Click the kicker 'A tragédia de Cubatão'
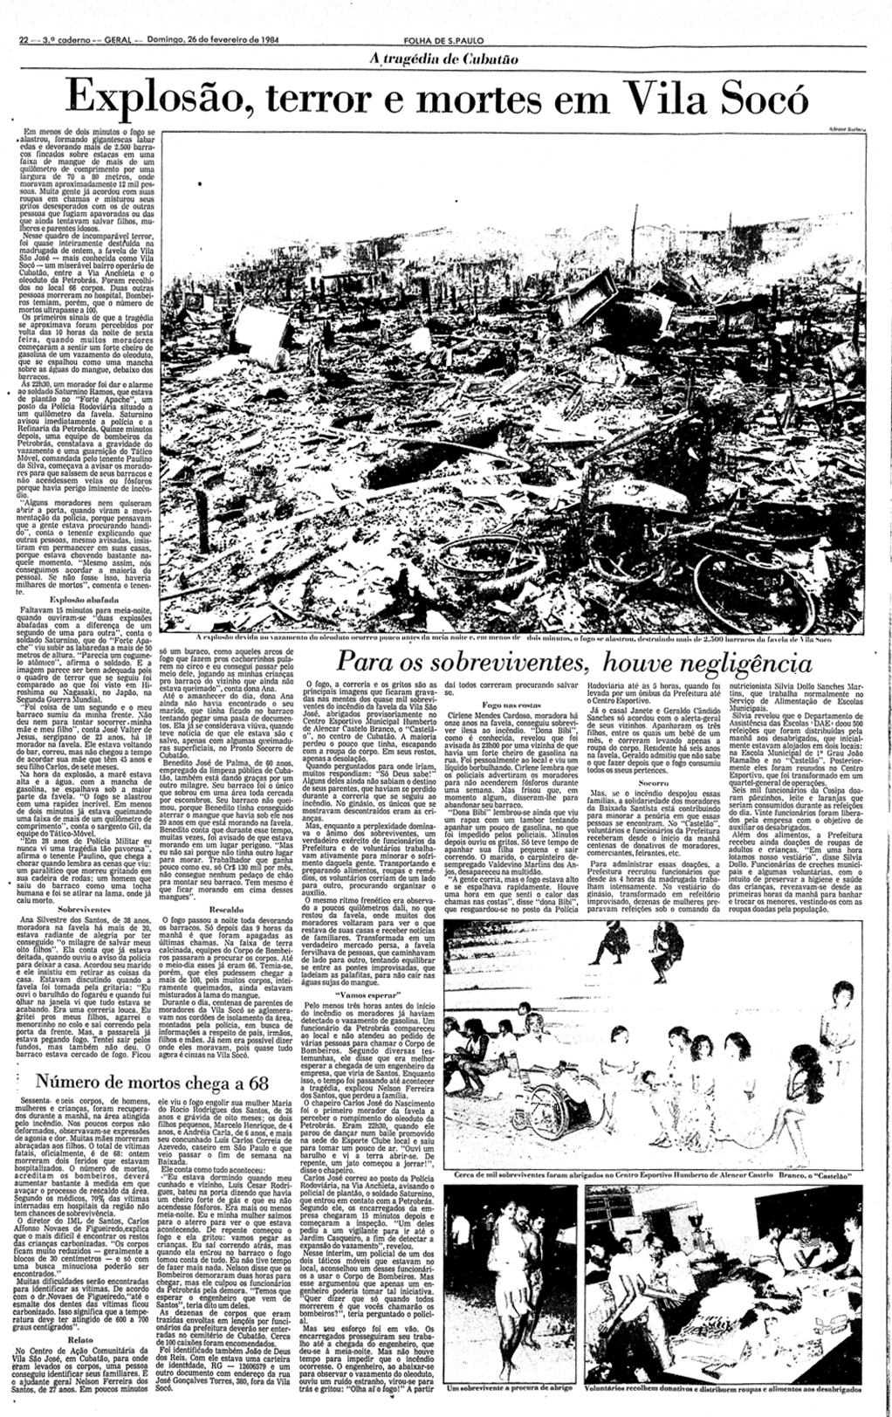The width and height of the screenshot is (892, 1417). coord(445,58)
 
